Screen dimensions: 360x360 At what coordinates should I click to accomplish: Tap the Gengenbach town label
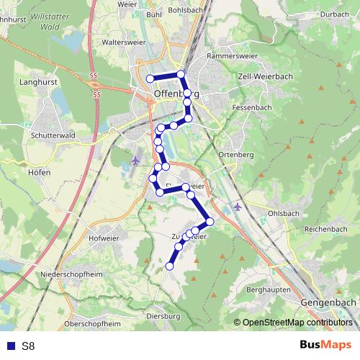(x=328, y=303)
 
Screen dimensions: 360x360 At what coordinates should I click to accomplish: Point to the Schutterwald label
(x=49, y=135)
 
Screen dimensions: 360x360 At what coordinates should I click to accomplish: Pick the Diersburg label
(x=162, y=316)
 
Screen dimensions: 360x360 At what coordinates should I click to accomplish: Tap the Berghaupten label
(x=268, y=289)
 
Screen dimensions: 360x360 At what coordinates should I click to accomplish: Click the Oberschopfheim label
(x=92, y=324)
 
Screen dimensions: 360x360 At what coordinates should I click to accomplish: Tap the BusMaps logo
(x=325, y=346)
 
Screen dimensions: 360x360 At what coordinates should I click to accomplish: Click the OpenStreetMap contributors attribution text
(x=297, y=323)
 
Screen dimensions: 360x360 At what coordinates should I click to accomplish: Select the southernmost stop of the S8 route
(x=170, y=266)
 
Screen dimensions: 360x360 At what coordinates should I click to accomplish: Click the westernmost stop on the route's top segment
(x=150, y=78)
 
